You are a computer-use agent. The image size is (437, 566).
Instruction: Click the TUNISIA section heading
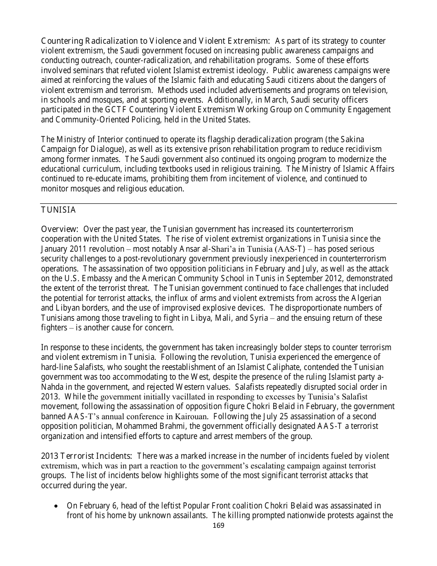58,210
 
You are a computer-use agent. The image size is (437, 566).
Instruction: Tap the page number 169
218,526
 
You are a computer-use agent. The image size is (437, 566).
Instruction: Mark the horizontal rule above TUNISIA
218,203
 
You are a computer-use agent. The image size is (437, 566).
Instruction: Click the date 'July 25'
270,416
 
